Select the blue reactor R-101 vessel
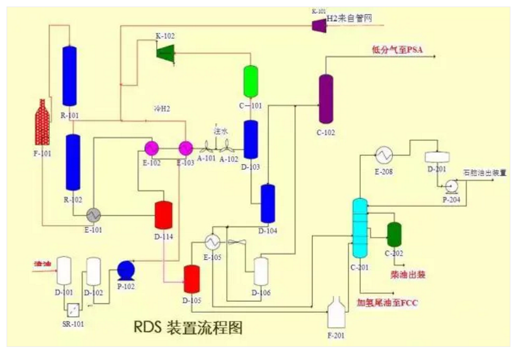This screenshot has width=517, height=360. point(70,75)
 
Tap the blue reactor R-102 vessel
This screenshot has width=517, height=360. point(72,163)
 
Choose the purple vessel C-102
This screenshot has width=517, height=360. point(326,99)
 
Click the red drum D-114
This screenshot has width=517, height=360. point(163,215)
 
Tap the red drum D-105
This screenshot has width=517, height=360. point(191,279)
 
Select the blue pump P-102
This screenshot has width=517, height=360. point(125,269)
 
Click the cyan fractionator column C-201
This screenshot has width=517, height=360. point(360,228)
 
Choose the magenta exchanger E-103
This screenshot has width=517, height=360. point(186,148)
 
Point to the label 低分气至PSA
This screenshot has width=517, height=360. point(398,50)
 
